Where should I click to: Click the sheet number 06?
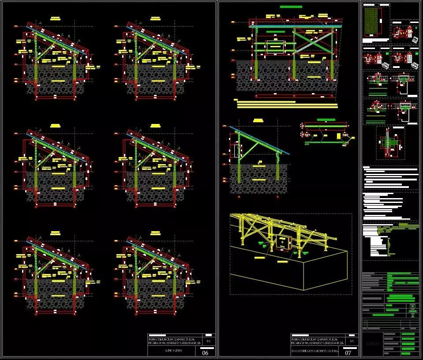click(205, 353)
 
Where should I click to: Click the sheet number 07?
click(348, 353)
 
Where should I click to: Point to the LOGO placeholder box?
click(371, 344)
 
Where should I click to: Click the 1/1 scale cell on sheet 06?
click(209, 341)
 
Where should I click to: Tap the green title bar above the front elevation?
click(291, 7)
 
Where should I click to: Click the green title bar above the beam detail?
click(326, 120)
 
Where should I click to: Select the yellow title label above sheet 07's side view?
click(258, 120)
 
